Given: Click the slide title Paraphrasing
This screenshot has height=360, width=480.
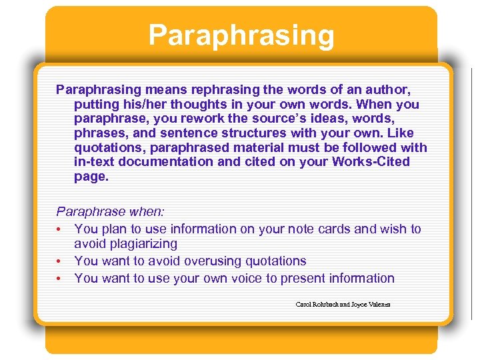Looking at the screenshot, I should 241,35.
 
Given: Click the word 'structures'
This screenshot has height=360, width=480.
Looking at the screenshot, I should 243,133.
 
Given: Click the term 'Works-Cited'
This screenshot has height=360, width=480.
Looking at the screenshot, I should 371,162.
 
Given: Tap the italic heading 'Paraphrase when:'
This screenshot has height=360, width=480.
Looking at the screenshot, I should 110,212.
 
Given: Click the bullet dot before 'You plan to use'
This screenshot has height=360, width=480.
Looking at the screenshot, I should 59,229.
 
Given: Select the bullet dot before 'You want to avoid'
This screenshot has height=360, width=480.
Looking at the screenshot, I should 59,261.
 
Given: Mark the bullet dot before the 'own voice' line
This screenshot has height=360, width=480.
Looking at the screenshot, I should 59,279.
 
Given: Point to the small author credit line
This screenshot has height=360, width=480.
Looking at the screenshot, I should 343,305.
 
